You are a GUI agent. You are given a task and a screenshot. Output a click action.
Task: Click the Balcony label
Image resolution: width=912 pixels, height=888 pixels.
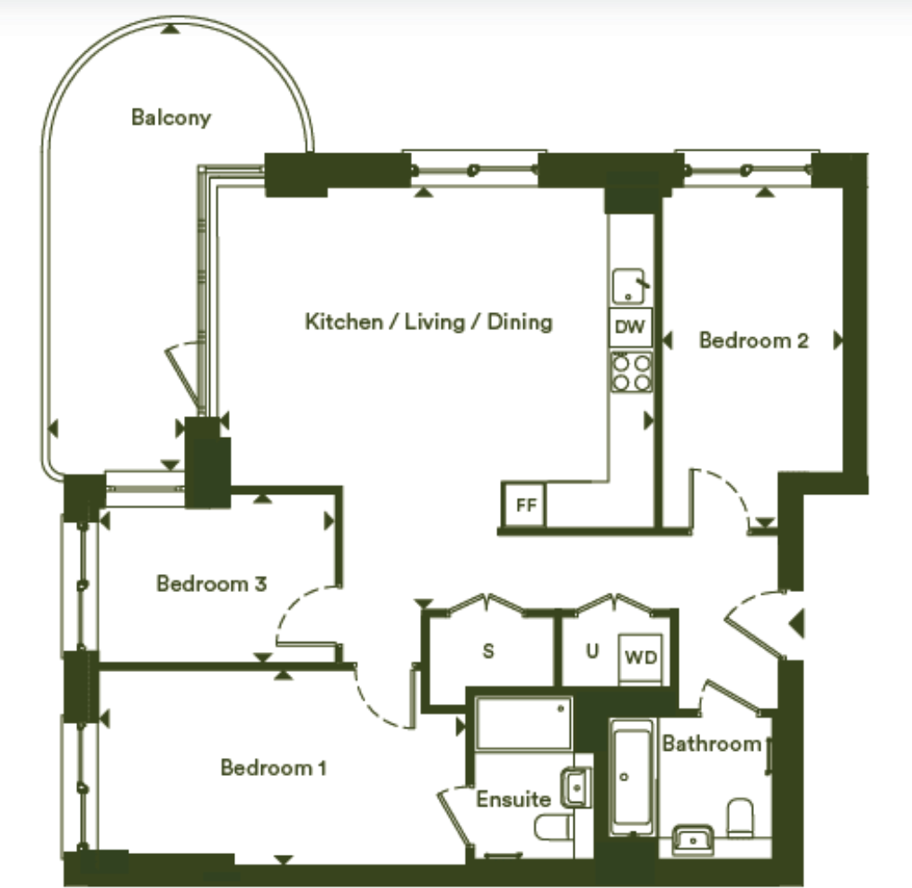(x=171, y=117)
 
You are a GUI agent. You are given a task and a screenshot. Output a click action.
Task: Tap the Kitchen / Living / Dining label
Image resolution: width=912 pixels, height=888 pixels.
(x=428, y=321)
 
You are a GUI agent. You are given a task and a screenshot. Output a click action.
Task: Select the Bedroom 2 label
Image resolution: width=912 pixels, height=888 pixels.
(x=753, y=341)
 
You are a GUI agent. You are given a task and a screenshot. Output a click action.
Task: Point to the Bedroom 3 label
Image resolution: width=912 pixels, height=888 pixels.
(x=211, y=584)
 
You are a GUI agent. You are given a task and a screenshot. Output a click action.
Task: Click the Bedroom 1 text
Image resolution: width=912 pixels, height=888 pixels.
(x=273, y=768)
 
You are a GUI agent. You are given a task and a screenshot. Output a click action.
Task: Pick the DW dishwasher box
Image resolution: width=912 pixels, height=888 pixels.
(x=630, y=327)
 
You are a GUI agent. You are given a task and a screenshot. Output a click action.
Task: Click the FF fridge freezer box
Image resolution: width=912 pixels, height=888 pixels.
(x=525, y=505)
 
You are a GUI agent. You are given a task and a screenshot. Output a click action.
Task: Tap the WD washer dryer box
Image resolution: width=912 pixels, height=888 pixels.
(x=641, y=657)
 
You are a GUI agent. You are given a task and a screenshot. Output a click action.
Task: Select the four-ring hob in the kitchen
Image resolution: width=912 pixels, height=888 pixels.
(x=631, y=372)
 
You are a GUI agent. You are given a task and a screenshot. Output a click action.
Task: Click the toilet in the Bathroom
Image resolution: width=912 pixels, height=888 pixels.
(x=741, y=817)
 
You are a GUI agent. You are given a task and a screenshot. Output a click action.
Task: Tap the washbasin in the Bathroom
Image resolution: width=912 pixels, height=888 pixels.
(x=692, y=840)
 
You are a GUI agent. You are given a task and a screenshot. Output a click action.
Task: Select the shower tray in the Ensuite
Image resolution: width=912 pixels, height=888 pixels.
(x=523, y=723)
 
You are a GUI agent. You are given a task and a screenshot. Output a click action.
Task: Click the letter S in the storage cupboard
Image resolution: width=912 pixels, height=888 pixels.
(x=488, y=651)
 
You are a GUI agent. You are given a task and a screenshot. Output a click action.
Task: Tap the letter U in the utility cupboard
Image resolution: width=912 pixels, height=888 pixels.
(x=592, y=651)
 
